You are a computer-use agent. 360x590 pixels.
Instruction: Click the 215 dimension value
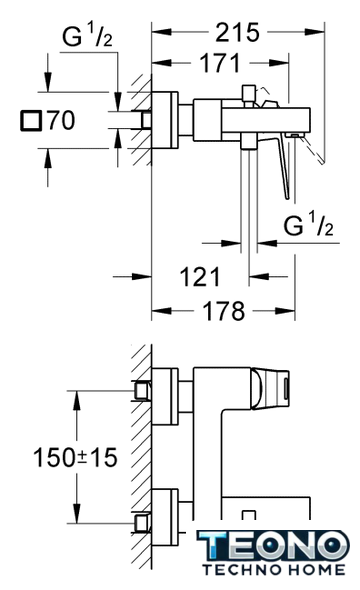pos(237,32)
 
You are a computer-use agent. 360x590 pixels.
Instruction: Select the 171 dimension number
pos(219,63)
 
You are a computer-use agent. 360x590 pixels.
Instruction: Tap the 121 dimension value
pos(200,277)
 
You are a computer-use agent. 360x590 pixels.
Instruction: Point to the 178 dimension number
pos(223,311)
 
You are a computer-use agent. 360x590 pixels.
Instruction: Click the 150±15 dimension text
pos(75,458)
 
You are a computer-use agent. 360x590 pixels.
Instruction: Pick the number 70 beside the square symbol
pos(61,120)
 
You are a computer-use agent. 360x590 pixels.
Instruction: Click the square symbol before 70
pos(30,121)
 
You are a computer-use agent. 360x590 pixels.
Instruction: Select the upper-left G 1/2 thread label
pos(87,35)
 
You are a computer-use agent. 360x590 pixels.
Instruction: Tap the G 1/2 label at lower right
pos(308,224)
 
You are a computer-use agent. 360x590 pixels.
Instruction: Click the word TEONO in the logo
pos(273,547)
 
